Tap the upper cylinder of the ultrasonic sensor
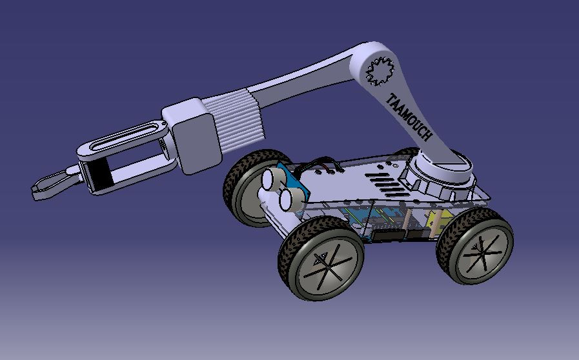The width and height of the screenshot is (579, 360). coord(272,178)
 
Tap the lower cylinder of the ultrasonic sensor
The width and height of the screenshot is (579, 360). coord(287,198)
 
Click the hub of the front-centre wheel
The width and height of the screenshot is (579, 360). coord(322,261)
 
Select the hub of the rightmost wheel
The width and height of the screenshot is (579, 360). coord(478,246)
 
